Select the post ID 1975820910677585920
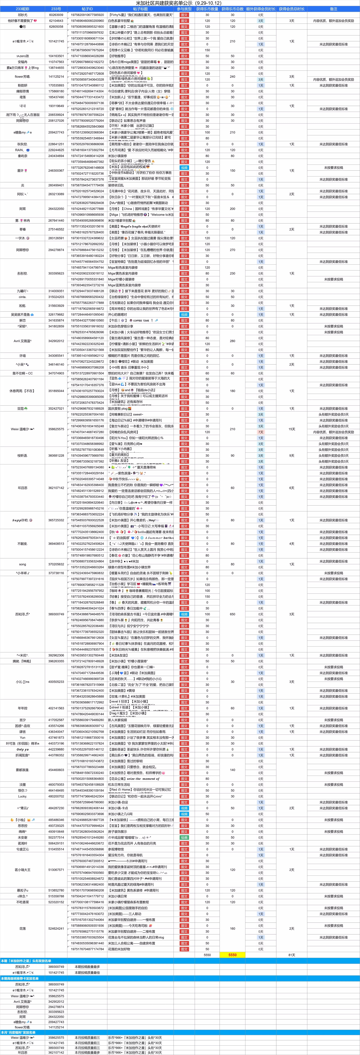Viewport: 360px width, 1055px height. point(87,15)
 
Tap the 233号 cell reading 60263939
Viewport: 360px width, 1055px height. point(56,15)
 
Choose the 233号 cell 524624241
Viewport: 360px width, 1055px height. point(56,928)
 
